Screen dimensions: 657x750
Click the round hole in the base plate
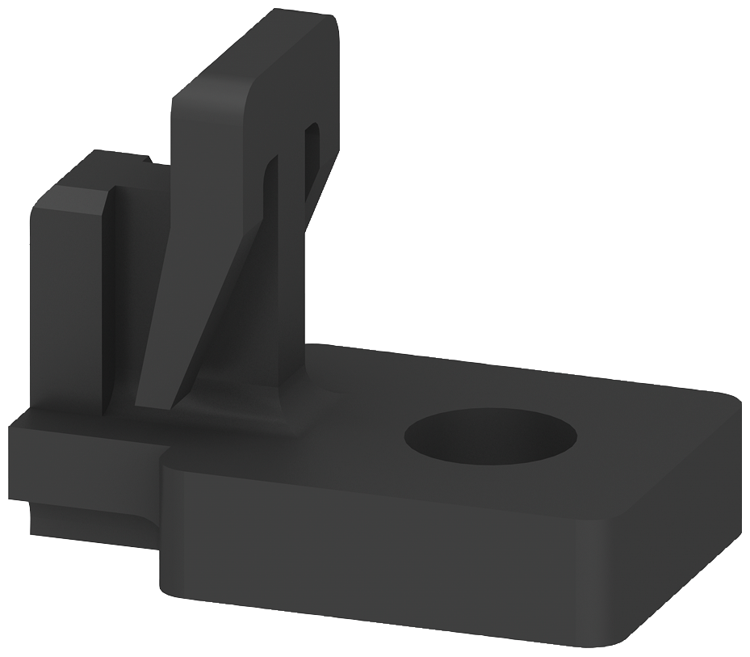point(490,436)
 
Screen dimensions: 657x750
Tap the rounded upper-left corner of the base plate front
point(170,461)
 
